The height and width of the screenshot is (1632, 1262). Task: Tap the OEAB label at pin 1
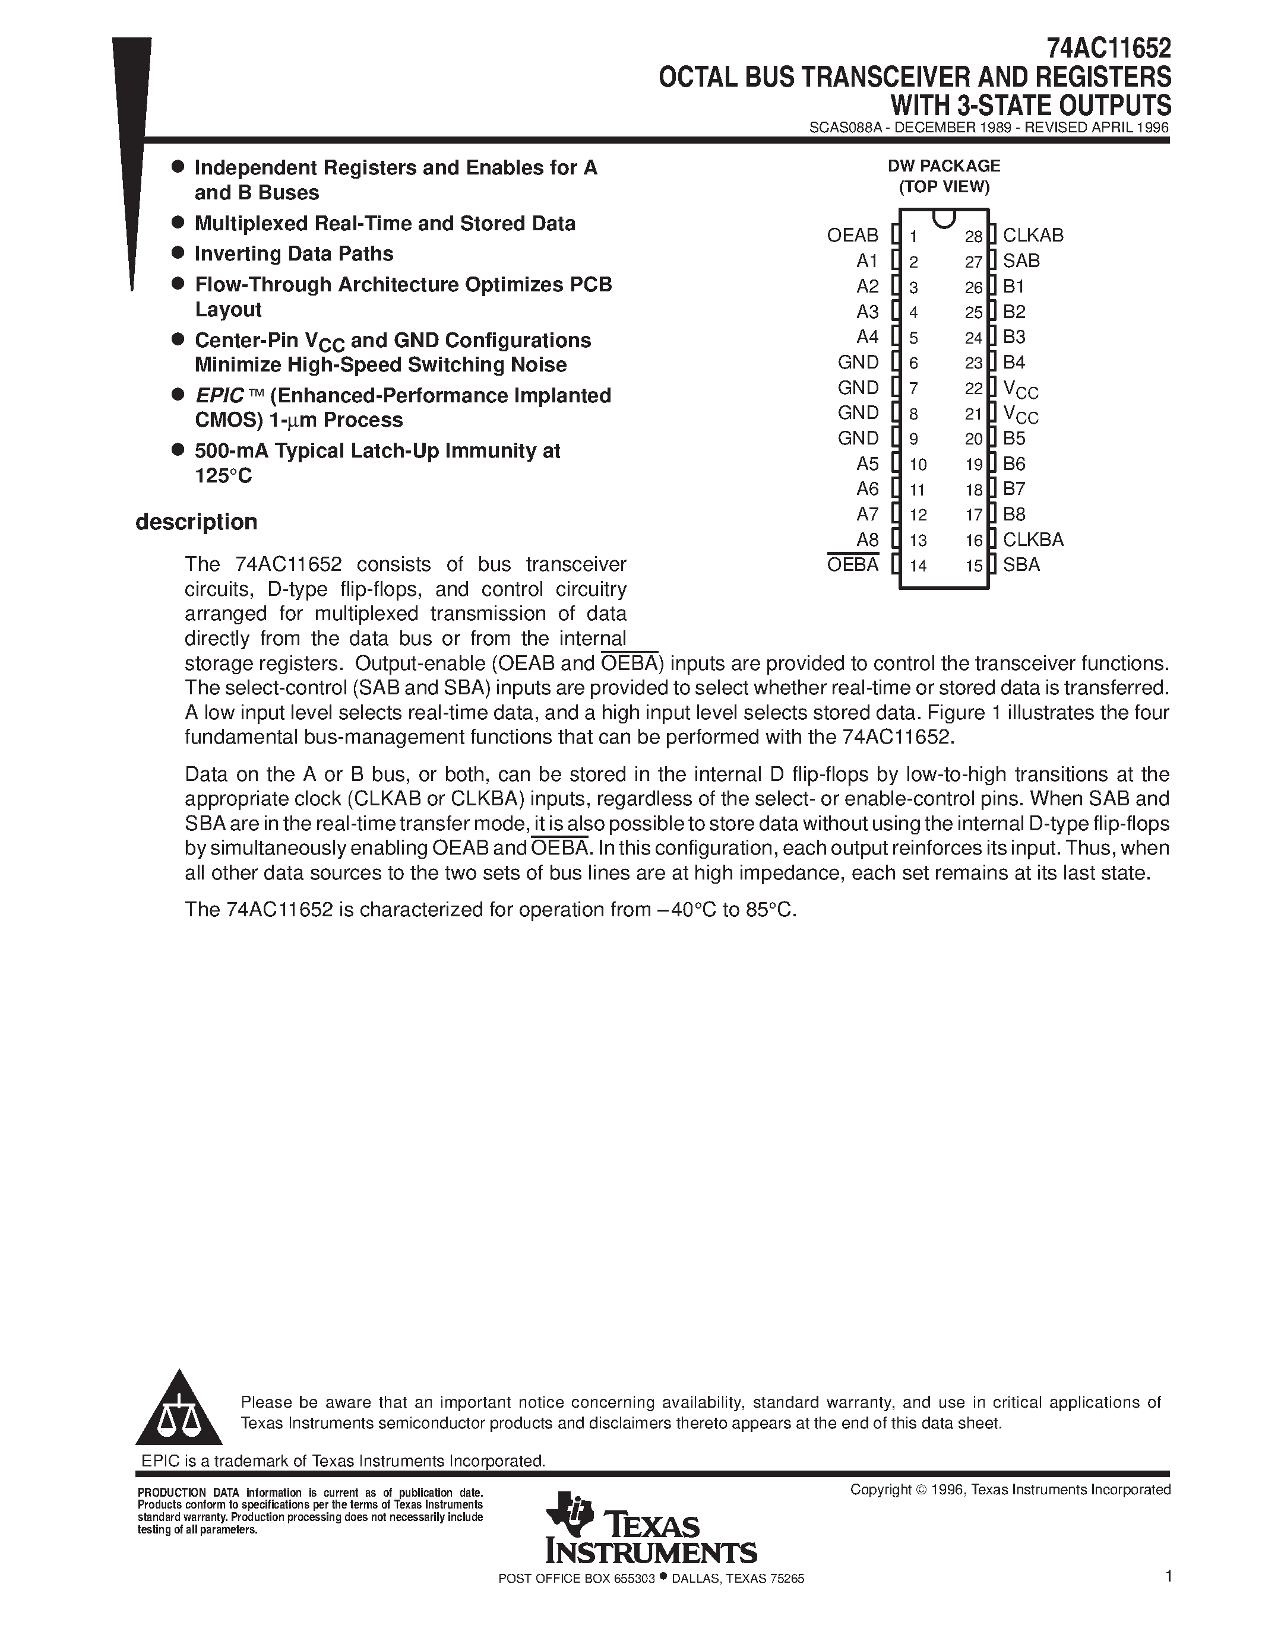pos(852,236)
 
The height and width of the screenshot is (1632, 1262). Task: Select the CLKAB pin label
pos(1033,236)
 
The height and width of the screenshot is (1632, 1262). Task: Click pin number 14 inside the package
pos(918,566)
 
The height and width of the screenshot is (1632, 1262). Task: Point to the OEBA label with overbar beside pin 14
pos(852,565)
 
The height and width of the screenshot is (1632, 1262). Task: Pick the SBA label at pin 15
pos(1021,565)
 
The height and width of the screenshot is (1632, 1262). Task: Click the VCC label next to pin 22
pos(1020,389)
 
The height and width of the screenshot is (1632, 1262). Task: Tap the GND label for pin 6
pos(858,363)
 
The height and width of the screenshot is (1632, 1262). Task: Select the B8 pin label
pos(1014,514)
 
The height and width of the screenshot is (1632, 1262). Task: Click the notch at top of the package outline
pos(944,218)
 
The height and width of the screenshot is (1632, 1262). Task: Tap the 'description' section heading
pos(196,522)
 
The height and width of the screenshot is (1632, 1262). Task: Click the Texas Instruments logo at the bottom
pos(650,1529)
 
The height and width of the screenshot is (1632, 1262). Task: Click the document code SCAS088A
pos(845,128)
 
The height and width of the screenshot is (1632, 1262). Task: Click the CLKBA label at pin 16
pos(1033,539)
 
